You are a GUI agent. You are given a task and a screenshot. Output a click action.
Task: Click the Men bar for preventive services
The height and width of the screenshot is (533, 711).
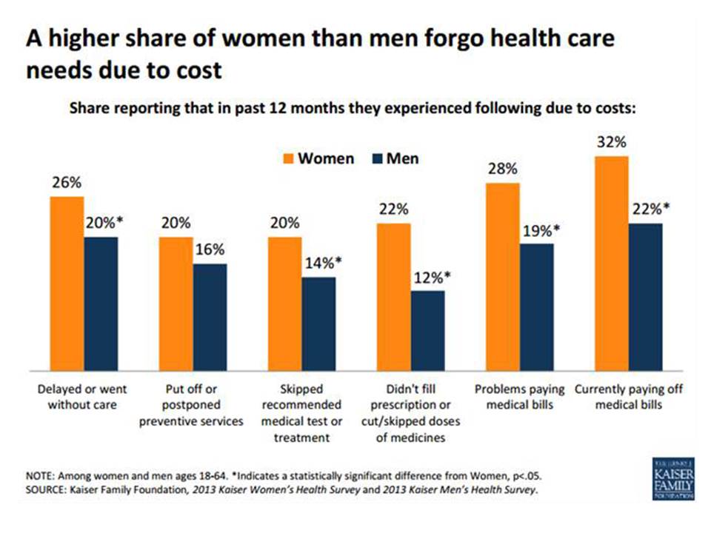(x=210, y=316)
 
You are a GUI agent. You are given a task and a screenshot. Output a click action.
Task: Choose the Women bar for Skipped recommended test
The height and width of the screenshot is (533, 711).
(x=284, y=303)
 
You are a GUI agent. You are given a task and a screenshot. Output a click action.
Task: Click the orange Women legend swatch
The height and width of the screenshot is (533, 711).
(x=287, y=159)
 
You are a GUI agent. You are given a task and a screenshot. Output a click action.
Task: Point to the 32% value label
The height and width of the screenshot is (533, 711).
(x=612, y=141)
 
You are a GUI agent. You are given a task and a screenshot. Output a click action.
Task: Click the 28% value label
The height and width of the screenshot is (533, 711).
(x=502, y=169)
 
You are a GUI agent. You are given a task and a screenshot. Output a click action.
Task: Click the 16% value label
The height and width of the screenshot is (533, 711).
(x=210, y=250)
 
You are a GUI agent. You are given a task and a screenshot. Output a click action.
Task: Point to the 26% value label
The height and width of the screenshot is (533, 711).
(x=67, y=183)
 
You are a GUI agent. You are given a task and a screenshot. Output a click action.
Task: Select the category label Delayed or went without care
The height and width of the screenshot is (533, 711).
(x=82, y=398)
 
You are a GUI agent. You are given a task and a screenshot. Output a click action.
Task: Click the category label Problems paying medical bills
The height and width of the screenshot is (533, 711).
(x=520, y=398)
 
